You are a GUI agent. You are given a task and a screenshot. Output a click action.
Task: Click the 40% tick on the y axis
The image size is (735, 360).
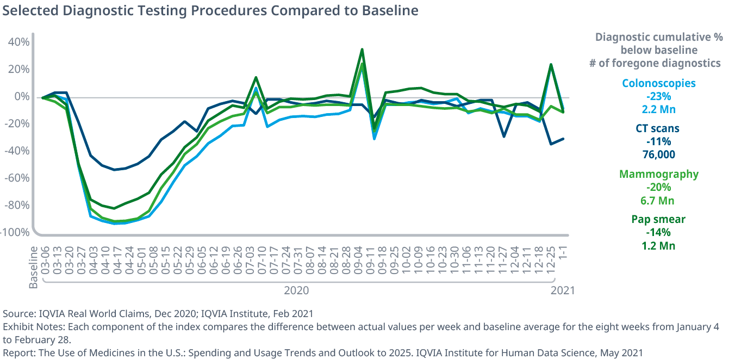pyautogui.click(x=18, y=42)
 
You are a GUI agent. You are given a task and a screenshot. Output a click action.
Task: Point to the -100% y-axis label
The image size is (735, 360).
pyautogui.click(x=15, y=233)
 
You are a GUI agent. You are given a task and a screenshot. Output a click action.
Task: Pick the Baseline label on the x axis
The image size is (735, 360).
pyautogui.click(x=34, y=267)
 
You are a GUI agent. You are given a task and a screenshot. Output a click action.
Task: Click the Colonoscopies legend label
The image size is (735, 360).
pyautogui.click(x=658, y=83)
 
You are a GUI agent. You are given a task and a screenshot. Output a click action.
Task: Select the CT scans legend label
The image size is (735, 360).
pyautogui.click(x=657, y=129)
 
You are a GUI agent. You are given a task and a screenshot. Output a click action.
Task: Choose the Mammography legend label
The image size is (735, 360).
pyautogui.click(x=659, y=174)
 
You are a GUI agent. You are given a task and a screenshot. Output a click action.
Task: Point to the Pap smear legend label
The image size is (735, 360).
pyautogui.click(x=658, y=220)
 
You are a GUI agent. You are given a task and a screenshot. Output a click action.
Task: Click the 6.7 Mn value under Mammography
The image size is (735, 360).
pyautogui.click(x=658, y=200)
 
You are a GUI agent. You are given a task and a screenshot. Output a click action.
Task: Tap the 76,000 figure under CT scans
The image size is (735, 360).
pyautogui.click(x=658, y=154)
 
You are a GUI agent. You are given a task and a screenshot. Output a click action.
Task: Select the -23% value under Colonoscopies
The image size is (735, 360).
pyautogui.click(x=658, y=96)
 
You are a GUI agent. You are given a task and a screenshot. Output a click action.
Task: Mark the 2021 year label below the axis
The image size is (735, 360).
pyautogui.click(x=562, y=290)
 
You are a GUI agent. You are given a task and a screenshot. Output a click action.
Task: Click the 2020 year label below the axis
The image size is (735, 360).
pyautogui.click(x=296, y=290)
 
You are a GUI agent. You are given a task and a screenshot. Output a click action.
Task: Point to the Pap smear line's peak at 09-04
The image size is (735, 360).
pyautogui.click(x=362, y=49)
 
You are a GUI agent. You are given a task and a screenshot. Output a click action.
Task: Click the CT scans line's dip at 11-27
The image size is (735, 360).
pyautogui.click(x=504, y=136)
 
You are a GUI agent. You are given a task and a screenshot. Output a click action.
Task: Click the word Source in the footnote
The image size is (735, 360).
pyautogui.click(x=17, y=314)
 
